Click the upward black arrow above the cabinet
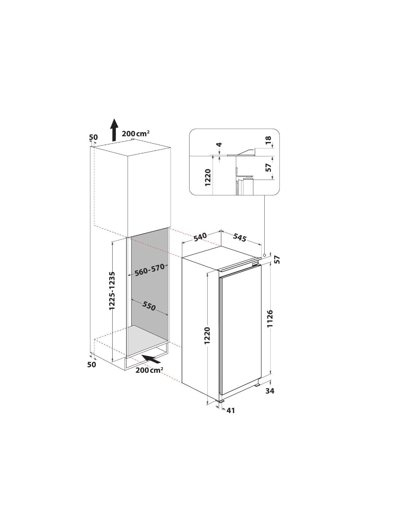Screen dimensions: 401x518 (x=114, y=130)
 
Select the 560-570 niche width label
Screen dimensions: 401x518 (x=149, y=270)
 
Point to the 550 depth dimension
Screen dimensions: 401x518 (x=149, y=306)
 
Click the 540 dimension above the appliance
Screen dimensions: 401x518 (x=200, y=237)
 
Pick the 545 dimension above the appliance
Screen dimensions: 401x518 (x=240, y=238)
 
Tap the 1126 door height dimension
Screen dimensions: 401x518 (x=270, y=319)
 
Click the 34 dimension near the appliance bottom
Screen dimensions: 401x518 (x=270, y=391)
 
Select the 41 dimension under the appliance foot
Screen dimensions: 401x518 (x=231, y=411)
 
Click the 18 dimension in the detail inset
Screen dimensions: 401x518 (x=268, y=140)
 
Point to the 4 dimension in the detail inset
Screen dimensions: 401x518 (x=219, y=145)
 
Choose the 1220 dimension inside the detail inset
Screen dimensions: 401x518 (x=208, y=178)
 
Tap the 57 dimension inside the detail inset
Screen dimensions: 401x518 (x=269, y=167)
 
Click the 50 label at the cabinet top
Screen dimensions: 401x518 (x=93, y=137)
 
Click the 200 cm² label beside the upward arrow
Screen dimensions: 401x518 (x=136, y=133)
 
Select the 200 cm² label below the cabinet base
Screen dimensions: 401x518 (x=149, y=370)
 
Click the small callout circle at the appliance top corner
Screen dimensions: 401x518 (x=264, y=255)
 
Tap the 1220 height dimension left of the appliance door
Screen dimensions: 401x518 (x=207, y=335)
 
